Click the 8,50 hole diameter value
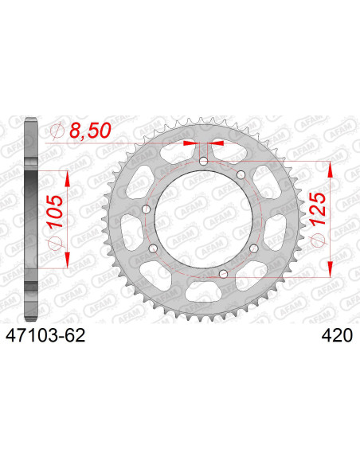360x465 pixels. coord(90,131)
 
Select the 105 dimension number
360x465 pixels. coord(56,211)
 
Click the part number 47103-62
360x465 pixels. coord(45,336)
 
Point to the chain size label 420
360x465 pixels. coord(337,336)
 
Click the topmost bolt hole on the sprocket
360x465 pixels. coord(203,162)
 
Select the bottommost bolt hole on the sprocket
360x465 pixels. coord(223,274)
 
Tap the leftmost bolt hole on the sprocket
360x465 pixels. coord(147,209)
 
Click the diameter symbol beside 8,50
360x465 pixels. coord(57,131)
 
